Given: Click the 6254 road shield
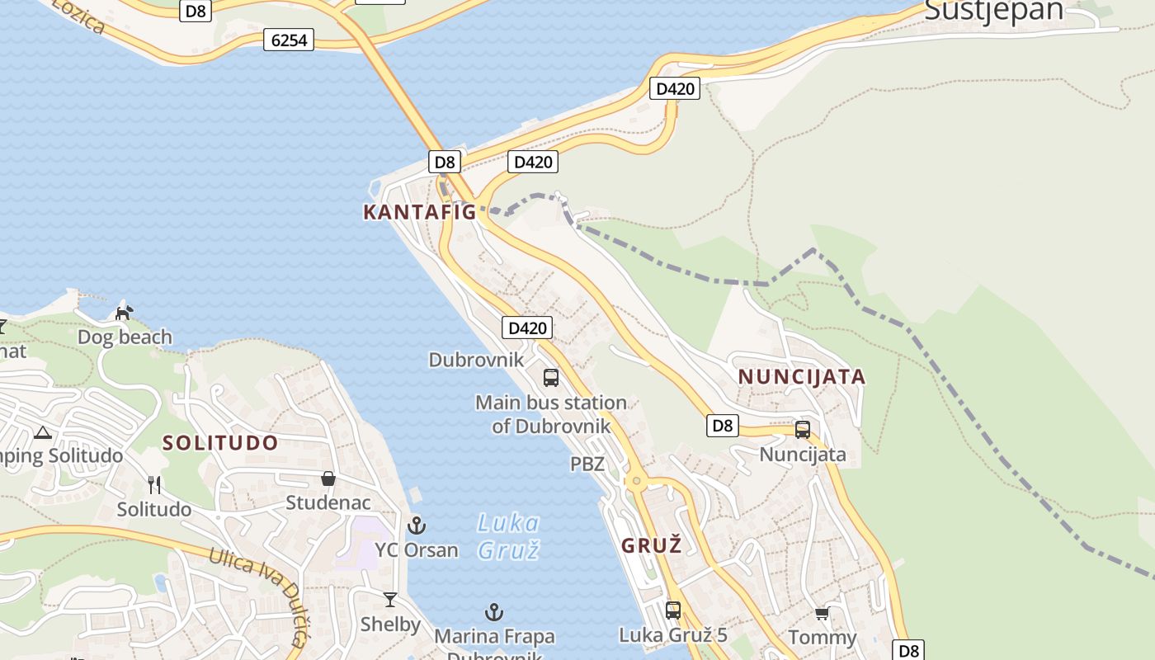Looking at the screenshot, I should (289, 39).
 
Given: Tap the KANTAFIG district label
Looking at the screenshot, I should (419, 212).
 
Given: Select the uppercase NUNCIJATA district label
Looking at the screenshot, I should (801, 377).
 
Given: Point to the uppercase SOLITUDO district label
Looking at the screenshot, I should (220, 443).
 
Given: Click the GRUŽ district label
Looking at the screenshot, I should (651, 545).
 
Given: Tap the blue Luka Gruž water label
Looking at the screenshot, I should (508, 535).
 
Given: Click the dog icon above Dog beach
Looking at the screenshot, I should (124, 313).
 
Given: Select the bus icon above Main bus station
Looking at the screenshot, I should (551, 378).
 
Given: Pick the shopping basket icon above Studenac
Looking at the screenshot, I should (328, 478).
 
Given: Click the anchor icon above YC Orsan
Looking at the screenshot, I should (417, 526).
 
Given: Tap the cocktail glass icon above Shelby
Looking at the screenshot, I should (390, 600).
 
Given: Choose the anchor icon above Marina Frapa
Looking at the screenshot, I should (493, 612).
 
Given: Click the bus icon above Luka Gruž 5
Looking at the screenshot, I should (673, 610).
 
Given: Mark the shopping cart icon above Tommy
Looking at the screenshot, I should (822, 614).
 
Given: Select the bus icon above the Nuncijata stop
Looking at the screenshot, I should (802, 430).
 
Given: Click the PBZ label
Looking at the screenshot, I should (587, 464).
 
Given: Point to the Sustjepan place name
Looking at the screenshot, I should (993, 10).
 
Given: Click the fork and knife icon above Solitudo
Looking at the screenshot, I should (153, 484).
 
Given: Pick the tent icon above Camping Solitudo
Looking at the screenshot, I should (42, 432).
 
